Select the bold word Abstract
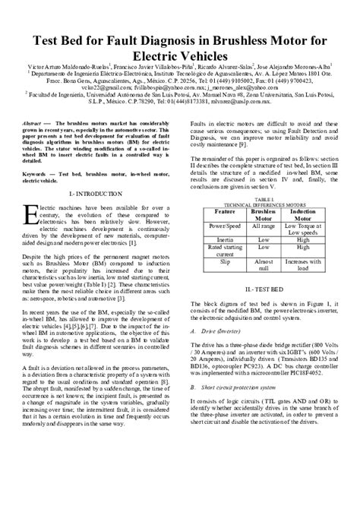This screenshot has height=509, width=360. [33, 122]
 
